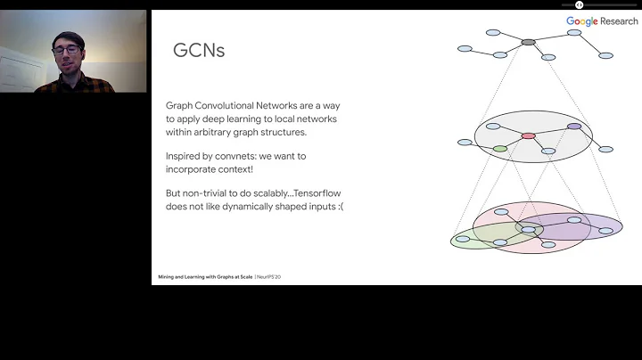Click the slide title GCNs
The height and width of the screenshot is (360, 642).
[198, 51]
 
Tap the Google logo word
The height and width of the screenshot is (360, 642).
[581, 20]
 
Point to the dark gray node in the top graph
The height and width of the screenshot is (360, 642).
[528, 42]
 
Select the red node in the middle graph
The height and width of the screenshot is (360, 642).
[528, 135]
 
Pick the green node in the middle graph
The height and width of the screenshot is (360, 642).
[500, 149]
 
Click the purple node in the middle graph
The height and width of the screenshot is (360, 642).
[574, 127]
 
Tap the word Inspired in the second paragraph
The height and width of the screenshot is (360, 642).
[183, 156]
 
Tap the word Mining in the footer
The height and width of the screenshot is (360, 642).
[166, 277]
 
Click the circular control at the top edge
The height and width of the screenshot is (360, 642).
[579, 4]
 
